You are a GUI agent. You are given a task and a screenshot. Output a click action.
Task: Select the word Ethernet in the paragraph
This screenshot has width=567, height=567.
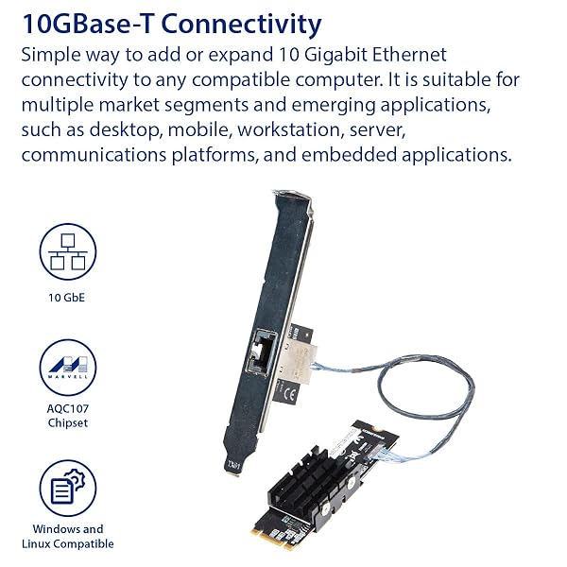click(409, 55)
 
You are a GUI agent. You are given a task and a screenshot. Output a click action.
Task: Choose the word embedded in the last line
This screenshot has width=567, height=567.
click(349, 155)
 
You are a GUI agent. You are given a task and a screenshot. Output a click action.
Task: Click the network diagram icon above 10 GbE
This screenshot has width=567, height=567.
click(68, 251)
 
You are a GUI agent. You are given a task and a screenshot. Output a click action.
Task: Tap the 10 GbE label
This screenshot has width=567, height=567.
click(66, 298)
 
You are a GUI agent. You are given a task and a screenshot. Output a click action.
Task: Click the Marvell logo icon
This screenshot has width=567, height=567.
click(68, 368)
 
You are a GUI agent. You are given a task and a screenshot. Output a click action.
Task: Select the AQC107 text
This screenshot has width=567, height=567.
click(68, 408)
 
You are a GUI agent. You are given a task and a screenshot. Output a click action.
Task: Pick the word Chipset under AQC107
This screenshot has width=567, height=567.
click(68, 422)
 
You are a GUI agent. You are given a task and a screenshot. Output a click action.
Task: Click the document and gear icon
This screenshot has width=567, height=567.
click(68, 488)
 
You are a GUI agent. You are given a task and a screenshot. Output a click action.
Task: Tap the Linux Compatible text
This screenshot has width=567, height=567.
click(68, 543)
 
